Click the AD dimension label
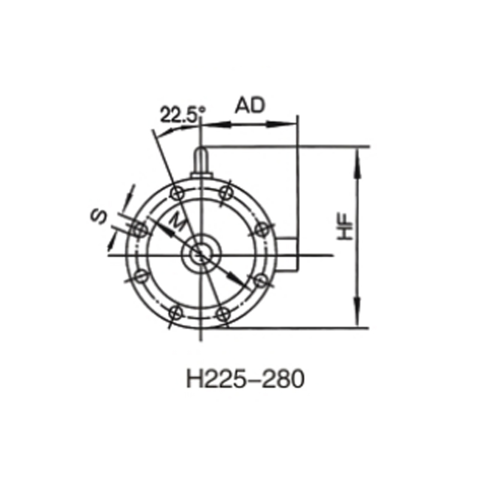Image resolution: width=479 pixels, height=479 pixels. pos(250,106)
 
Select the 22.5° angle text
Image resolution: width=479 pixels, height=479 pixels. pos(183,114)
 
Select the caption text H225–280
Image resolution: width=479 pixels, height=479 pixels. pos(245,379)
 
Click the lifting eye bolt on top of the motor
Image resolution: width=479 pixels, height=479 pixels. pos(201,161)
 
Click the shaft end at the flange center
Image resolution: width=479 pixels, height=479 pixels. pos(200,255)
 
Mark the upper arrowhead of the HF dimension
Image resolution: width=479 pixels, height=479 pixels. pos(358,157)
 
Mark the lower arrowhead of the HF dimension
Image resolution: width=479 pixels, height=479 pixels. pos(358,317)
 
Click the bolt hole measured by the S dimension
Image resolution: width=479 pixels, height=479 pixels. pos(138,229)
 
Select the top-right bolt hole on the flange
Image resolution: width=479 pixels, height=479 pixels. pos(226,192)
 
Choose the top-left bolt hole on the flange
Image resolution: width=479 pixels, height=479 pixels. pos(176,192)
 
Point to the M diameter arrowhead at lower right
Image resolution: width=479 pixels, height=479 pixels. pos(237,280)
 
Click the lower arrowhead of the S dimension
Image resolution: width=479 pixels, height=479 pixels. pos(111,243)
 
